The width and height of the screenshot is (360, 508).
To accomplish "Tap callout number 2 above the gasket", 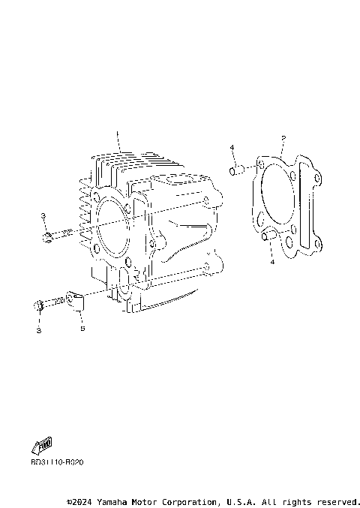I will pyautogui.click(x=283, y=138).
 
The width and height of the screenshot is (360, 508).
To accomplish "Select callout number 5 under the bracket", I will pyautogui.click(x=82, y=329).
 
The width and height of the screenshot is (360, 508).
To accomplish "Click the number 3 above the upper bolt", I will pyautogui.click(x=43, y=216).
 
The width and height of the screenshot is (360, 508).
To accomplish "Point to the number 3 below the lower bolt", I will pyautogui.click(x=38, y=329).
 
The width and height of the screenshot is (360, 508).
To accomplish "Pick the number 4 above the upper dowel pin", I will pyautogui.click(x=232, y=148).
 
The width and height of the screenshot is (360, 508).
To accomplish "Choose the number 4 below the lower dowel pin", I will pyautogui.click(x=272, y=262).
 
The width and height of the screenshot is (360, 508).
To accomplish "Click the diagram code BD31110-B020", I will pyautogui.click(x=58, y=462).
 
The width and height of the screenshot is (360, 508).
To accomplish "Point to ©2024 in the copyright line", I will pyautogui.click(x=82, y=500).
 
